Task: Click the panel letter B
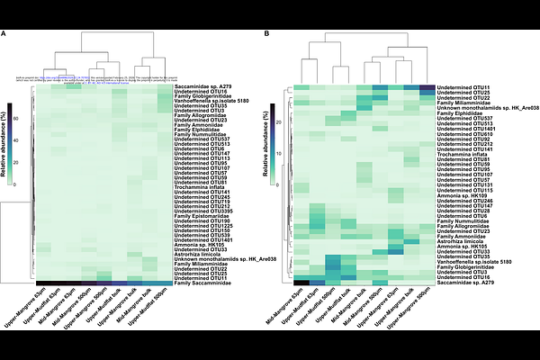tap(267, 34)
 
